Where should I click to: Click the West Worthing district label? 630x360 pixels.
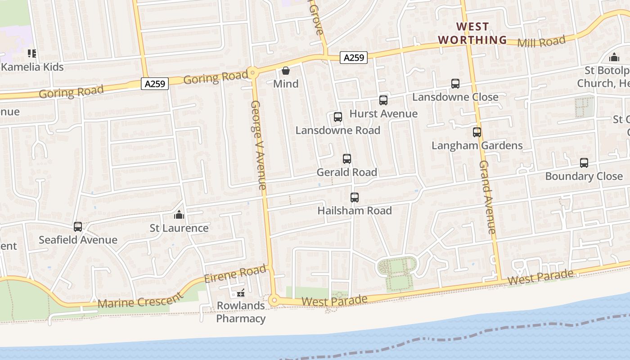[x=472, y=33]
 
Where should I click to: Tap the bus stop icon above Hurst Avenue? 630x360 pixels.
[x=383, y=100]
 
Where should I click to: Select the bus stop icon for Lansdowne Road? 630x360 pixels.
[x=337, y=117]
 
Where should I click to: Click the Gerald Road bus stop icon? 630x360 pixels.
[x=346, y=159]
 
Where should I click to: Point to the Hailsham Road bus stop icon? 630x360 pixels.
[x=354, y=197]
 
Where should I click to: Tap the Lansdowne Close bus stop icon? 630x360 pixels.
[x=455, y=84]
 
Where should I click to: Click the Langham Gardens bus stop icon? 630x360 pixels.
[x=477, y=132]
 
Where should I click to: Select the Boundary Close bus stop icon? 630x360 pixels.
[x=584, y=163]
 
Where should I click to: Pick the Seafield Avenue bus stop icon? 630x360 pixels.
[x=78, y=226]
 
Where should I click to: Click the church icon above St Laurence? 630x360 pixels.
[x=179, y=215]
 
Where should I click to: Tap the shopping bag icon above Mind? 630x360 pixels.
[x=285, y=71]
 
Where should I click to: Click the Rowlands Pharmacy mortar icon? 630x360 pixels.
[x=241, y=293]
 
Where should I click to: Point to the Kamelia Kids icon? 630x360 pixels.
[x=32, y=54]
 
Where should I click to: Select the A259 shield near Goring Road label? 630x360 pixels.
[x=154, y=83]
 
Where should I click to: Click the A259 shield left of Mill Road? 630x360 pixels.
[x=353, y=57]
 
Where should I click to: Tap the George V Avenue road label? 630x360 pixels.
[x=258, y=144]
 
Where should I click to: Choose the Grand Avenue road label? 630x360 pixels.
[x=487, y=197]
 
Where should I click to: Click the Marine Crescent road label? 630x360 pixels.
[x=140, y=300]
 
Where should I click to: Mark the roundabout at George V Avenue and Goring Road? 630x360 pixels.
[x=253, y=72]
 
